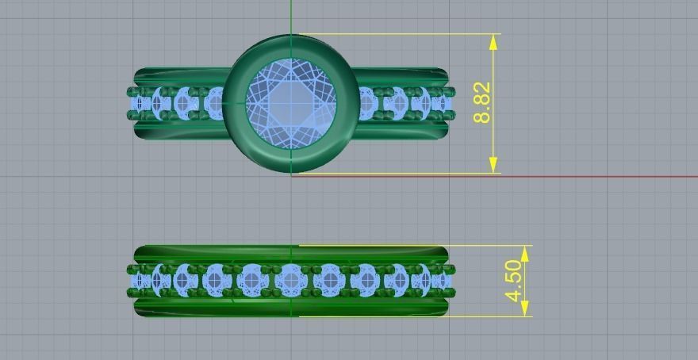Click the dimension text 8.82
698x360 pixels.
482,103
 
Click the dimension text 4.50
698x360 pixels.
515,281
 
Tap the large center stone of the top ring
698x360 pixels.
291,103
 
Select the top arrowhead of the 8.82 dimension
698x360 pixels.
494,42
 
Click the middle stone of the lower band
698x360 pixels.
290,280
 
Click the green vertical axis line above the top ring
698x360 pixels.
291,16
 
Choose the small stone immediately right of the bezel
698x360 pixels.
366,103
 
